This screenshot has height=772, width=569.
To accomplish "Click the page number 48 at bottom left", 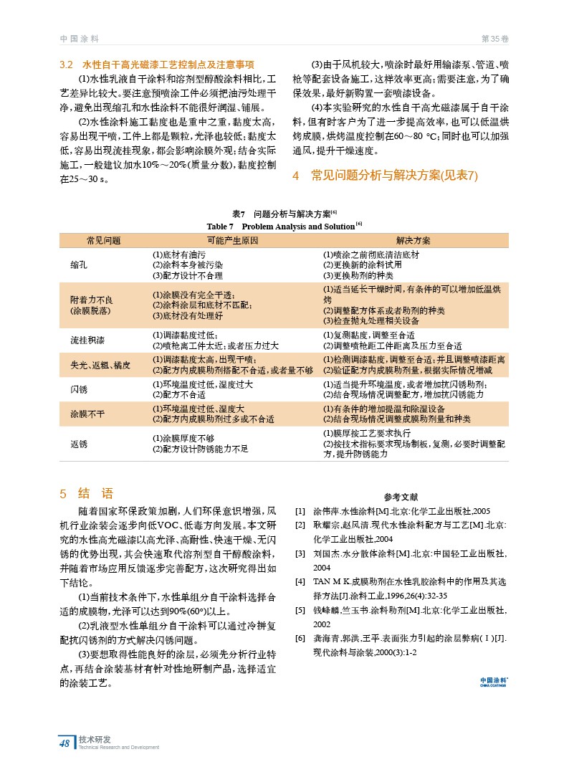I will point(64,743).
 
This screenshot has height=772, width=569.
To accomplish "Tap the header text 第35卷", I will point(494,38).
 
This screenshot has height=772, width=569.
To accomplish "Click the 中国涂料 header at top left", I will point(79,38).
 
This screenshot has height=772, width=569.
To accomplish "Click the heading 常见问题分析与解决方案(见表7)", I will point(394,176).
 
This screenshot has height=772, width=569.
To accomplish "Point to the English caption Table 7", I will point(221,227).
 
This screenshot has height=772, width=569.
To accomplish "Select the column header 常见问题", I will point(104,240).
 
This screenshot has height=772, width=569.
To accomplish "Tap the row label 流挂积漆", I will point(87,340).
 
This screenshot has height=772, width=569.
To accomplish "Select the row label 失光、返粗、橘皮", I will point(100,365).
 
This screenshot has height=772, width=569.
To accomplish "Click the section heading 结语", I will point(95,493).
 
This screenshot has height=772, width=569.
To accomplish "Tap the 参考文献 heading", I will point(401,497).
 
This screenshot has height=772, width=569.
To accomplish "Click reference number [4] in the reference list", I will point(300,582).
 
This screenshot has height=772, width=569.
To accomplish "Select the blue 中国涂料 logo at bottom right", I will point(494,681).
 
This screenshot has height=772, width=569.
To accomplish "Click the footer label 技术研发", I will point(95,739).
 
